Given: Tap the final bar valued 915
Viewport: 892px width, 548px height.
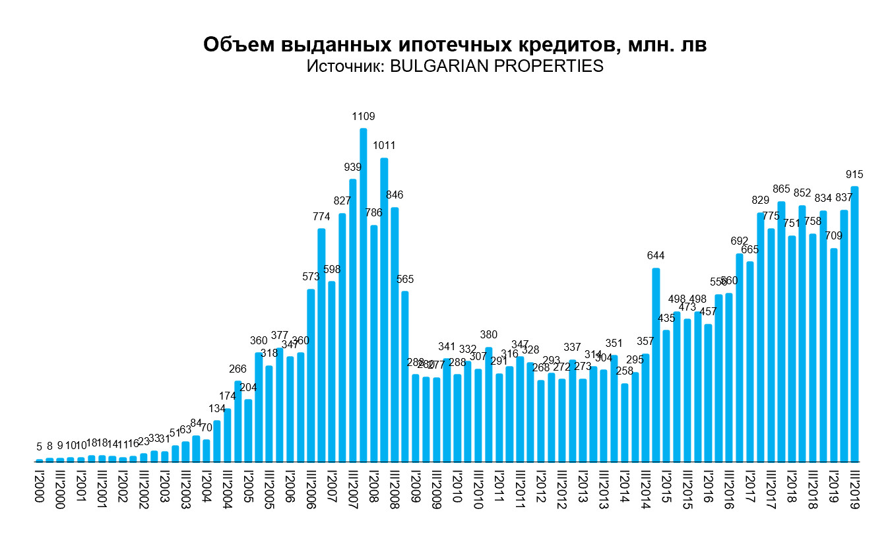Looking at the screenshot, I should click(854, 324).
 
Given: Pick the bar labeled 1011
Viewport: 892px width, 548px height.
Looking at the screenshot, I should click(384, 309).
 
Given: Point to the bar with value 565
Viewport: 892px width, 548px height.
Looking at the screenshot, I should click(405, 376).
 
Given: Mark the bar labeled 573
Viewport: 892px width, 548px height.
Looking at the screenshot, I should click(311, 375).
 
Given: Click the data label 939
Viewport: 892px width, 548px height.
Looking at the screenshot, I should click(352, 167).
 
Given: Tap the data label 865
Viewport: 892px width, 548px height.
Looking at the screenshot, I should click(781, 190).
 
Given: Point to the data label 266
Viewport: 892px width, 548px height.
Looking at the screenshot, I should click(238, 369).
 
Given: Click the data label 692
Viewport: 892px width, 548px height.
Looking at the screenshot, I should click(739, 241).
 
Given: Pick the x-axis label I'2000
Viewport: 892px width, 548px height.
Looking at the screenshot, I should click(38, 487).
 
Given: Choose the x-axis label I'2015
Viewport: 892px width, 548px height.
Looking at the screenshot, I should click(666, 487).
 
